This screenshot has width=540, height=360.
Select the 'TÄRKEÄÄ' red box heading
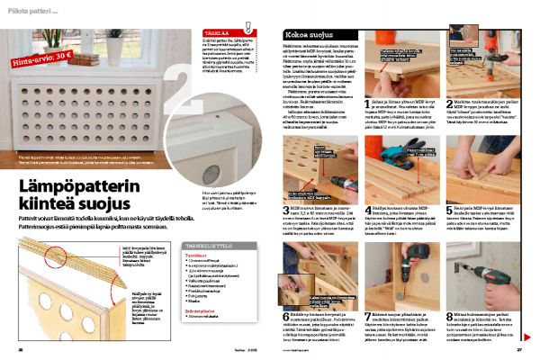coord(207,31)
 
